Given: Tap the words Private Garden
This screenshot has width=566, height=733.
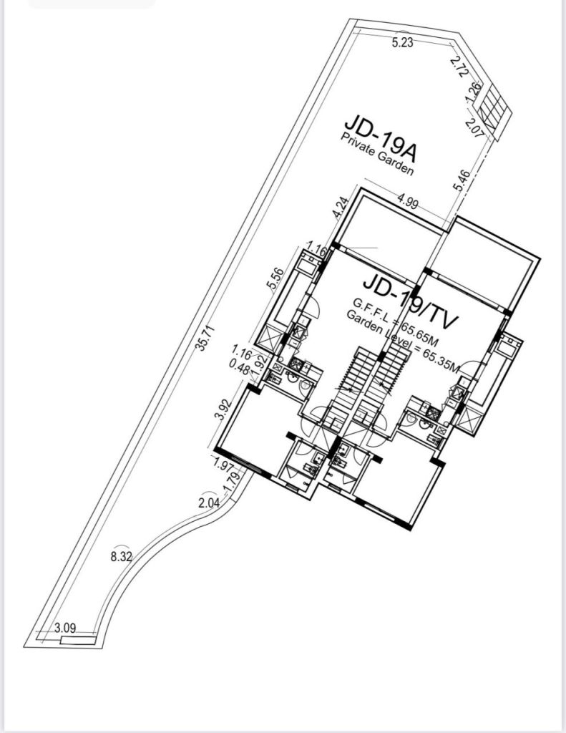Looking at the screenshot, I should click(x=377, y=155).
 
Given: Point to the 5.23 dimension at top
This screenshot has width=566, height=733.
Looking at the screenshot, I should click(x=403, y=43).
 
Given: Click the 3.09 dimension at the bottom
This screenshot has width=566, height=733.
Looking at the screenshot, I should click(x=65, y=628).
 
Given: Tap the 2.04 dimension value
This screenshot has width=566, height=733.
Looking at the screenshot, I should click(x=208, y=503).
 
